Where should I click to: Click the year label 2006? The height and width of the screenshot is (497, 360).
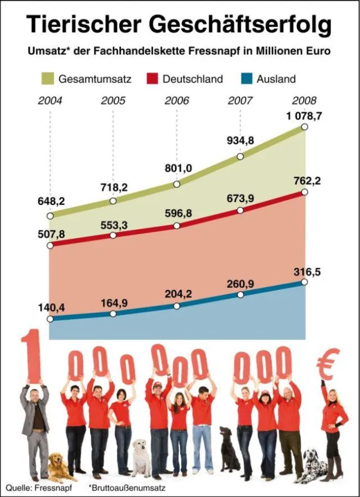[x=177, y=101]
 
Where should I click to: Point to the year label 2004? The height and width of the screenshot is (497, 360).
[x=50, y=101]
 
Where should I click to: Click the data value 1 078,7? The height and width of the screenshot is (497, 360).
[x=304, y=117]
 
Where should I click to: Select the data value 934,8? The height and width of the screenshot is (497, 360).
[x=240, y=140]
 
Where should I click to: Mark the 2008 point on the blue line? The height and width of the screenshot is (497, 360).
[x=304, y=282]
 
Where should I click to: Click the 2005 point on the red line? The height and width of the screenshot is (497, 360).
[x=113, y=235]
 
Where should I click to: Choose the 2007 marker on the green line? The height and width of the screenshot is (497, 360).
[x=240, y=156]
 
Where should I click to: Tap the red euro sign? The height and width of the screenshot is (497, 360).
[x=328, y=366]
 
